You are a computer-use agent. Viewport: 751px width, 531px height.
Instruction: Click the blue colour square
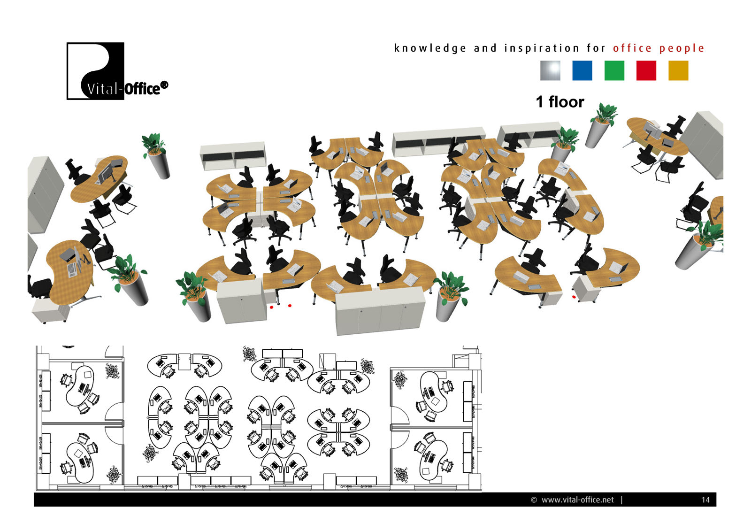(582, 71)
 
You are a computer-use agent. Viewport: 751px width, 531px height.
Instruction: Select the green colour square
(614, 71)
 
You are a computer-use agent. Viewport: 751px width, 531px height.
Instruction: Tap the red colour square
(646, 71)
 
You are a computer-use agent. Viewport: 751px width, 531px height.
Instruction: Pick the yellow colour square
(678, 71)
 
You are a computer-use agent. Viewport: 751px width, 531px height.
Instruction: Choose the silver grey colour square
(550, 71)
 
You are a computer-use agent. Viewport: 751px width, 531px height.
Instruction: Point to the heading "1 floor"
(560, 102)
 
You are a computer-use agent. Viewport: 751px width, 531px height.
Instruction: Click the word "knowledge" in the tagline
(430, 48)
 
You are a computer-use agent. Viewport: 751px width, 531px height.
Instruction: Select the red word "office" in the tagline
(632, 48)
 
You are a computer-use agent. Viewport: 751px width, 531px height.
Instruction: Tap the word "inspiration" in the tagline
(542, 48)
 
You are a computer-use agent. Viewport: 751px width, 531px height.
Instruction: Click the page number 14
(705, 500)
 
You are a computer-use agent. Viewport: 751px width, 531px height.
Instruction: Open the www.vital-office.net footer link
(577, 500)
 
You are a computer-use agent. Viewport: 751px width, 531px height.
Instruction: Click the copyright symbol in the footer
(534, 500)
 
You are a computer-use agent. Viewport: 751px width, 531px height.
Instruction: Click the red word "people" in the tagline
(682, 48)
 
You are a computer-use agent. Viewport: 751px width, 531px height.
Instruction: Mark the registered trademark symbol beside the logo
(164, 85)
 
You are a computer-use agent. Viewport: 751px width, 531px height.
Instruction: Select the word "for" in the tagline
(596, 48)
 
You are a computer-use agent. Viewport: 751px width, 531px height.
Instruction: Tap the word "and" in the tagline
(485, 48)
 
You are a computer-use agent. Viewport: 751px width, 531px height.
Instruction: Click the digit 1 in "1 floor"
(540, 102)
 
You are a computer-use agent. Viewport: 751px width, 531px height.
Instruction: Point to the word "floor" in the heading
(566, 102)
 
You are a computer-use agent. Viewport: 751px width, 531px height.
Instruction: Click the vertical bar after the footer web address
(621, 500)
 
